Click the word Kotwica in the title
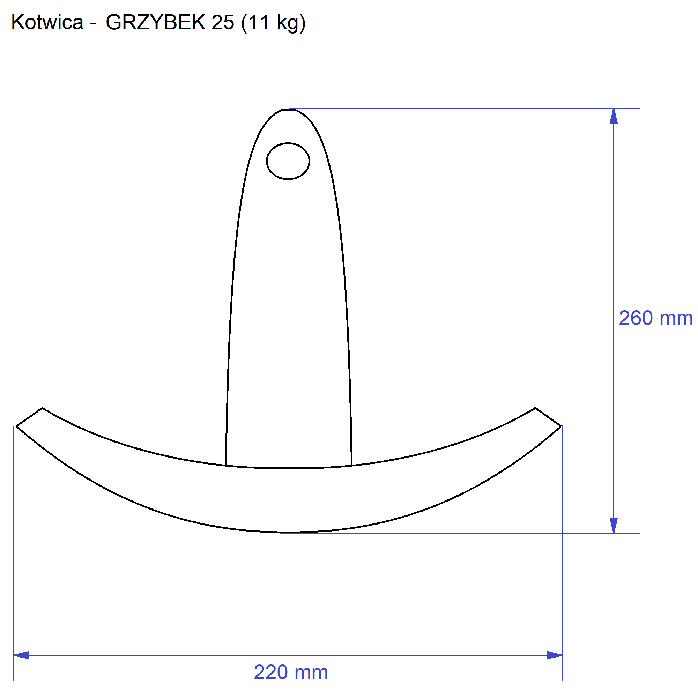[47, 22]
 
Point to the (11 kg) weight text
[274, 23]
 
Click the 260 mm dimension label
[656, 318]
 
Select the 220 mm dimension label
[291, 673]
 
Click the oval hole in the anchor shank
[288, 161]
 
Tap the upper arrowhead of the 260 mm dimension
[614, 116]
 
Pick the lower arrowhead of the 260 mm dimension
[614, 525]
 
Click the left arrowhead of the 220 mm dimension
[21, 655]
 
